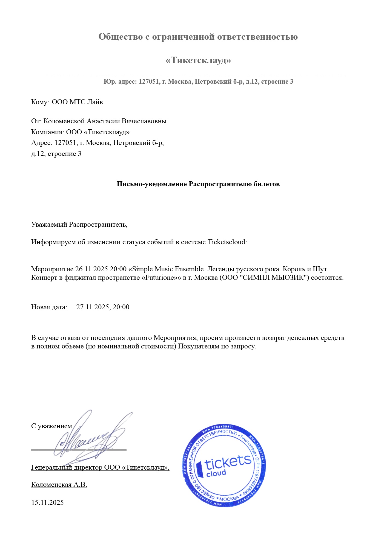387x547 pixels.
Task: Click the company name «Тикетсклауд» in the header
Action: click(x=198, y=60)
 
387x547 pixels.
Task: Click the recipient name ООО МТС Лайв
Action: click(x=77, y=102)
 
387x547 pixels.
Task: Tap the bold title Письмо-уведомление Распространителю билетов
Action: click(x=198, y=184)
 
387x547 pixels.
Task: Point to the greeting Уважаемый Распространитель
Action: click(x=79, y=225)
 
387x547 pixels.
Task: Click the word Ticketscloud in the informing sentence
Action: click(x=227, y=242)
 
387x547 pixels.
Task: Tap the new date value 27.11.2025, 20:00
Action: click(x=103, y=307)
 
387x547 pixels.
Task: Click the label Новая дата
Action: click(x=49, y=307)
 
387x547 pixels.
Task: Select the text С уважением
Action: click(x=52, y=426)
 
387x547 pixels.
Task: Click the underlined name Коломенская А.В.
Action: click(x=59, y=485)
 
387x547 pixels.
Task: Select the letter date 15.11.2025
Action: click(x=47, y=502)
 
